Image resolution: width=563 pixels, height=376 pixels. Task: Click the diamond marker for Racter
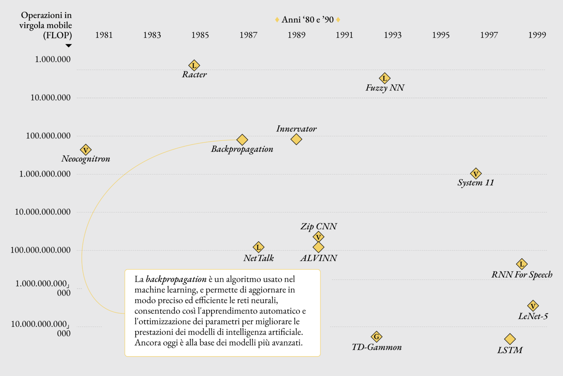tap(194, 66)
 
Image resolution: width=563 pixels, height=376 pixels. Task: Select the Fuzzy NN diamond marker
tap(384, 78)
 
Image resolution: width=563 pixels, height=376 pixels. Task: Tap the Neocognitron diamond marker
tap(85, 150)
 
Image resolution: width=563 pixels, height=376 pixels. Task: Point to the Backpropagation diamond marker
tap(242, 140)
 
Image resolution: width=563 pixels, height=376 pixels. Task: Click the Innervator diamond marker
tap(296, 139)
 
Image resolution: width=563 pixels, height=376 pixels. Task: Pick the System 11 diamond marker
tap(475, 174)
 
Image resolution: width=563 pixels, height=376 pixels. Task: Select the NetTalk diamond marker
tap(258, 247)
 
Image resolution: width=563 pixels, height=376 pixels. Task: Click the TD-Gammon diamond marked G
tap(376, 336)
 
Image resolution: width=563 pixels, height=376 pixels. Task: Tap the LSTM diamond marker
tap(510, 339)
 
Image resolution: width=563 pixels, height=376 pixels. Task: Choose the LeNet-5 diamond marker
tap(533, 305)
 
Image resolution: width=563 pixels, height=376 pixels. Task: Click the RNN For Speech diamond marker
tap(522, 264)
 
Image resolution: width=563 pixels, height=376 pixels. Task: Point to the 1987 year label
tap(248, 35)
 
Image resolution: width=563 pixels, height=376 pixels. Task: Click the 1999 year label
tap(537, 35)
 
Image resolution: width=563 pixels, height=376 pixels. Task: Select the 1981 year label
tap(104, 35)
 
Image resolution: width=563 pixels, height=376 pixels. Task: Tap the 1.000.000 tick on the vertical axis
tap(53, 59)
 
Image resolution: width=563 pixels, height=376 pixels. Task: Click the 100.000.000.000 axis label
tap(41, 250)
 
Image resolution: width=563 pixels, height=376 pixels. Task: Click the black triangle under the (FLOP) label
tap(69, 46)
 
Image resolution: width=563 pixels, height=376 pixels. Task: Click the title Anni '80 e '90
tap(308, 20)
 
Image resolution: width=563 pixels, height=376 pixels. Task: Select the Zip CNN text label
tap(319, 226)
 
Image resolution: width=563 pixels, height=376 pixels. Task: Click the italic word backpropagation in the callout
tap(176, 279)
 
